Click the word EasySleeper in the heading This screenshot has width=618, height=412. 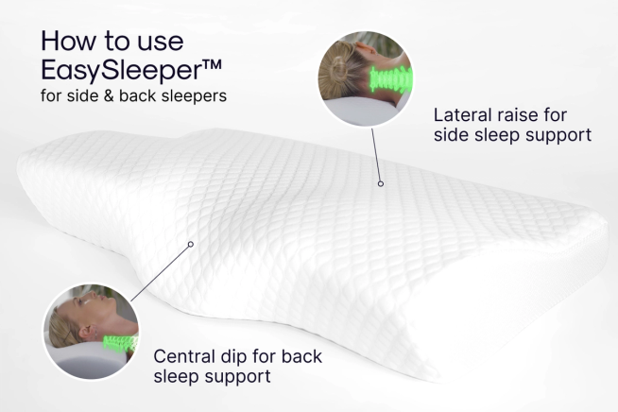point(109,70)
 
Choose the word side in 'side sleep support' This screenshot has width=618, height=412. point(451,135)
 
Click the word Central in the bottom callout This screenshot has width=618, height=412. point(185,357)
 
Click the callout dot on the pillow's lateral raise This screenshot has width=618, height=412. point(380,182)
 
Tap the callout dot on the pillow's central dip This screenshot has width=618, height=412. point(190,243)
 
